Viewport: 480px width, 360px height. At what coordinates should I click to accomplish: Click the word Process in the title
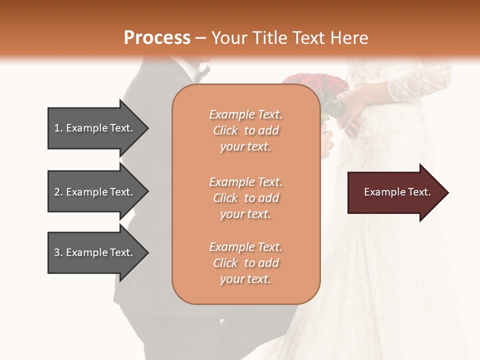tap(157, 37)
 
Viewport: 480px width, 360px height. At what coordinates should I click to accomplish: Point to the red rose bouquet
tap(315, 87)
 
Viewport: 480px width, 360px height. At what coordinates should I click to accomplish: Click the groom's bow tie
tap(202, 74)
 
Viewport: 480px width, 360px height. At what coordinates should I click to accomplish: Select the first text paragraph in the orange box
tap(245, 130)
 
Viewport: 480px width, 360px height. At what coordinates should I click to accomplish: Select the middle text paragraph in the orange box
tap(245, 198)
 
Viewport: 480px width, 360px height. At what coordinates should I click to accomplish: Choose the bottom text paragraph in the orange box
tap(245, 263)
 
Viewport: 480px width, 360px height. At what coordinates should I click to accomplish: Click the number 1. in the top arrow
tap(58, 128)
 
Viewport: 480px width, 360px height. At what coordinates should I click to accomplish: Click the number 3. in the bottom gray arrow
tap(58, 252)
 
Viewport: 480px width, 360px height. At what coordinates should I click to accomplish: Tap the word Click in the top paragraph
tap(225, 130)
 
